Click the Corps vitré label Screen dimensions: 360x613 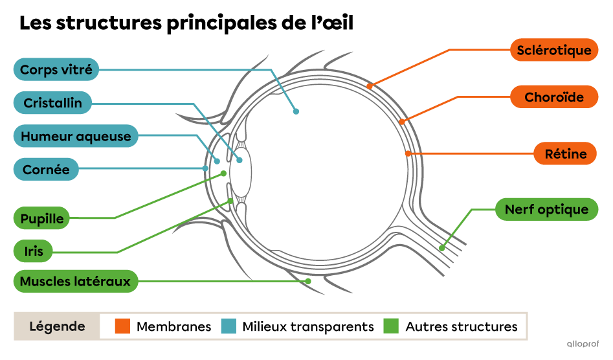(56, 69)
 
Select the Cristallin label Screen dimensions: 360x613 (53, 103)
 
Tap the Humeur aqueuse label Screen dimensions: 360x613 (76, 137)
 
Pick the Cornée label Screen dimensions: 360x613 (46, 170)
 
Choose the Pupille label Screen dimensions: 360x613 (42, 218)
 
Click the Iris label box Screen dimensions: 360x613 (33, 251)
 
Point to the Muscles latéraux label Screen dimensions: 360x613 (75, 281)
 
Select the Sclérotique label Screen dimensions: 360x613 (554, 50)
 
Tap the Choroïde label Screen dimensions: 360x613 (554, 97)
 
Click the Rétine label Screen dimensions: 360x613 (565, 153)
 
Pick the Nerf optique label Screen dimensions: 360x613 (546, 209)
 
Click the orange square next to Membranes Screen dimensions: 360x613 (123, 326)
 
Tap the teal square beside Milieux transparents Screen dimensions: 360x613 (229, 326)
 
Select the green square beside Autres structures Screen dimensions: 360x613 (391, 326)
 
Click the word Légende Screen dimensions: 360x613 (58, 326)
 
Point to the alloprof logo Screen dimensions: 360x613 (583, 344)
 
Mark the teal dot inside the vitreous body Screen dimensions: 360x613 (296, 111)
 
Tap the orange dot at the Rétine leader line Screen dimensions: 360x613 (408, 153)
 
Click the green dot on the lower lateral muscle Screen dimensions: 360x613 (308, 281)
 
